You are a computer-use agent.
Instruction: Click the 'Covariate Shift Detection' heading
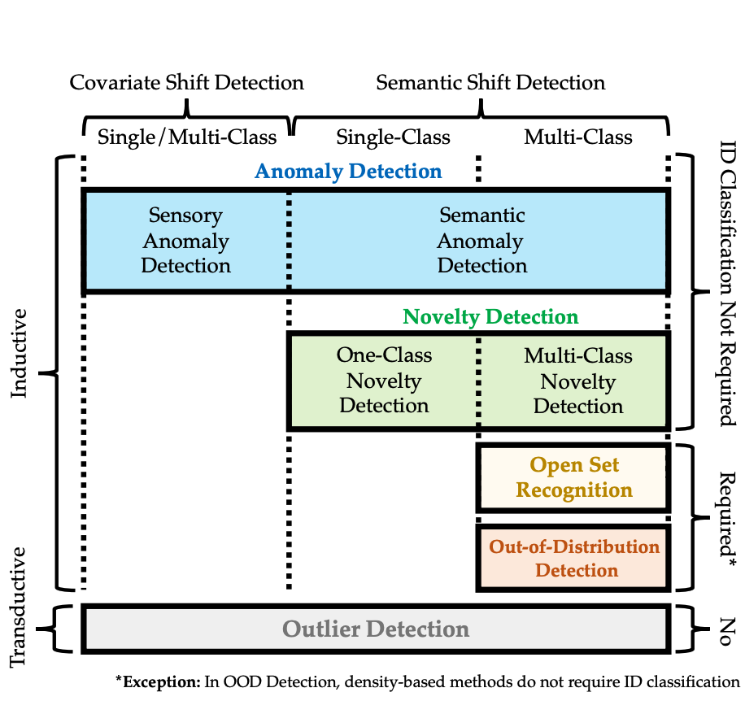(x=187, y=83)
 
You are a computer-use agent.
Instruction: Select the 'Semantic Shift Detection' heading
(x=490, y=83)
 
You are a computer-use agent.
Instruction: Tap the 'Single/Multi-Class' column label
(x=187, y=137)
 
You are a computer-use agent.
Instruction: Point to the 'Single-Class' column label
(x=393, y=137)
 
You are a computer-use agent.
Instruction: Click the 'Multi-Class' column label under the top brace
(x=578, y=137)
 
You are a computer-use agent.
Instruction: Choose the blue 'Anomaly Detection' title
(x=348, y=172)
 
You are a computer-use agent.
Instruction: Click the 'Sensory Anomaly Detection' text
(x=185, y=241)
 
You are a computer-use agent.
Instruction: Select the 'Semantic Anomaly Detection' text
(x=481, y=241)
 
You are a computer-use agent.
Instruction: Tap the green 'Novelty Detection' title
(x=490, y=317)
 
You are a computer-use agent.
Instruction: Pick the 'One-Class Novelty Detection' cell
(x=384, y=381)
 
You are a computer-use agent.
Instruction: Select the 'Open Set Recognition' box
(x=573, y=477)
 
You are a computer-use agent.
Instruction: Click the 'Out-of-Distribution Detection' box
(x=573, y=558)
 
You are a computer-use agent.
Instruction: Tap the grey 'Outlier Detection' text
(x=376, y=629)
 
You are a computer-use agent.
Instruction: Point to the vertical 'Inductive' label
(x=19, y=354)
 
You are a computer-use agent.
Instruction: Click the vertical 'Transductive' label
(x=18, y=607)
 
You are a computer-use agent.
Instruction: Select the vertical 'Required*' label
(x=727, y=519)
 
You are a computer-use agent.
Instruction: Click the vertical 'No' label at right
(x=727, y=632)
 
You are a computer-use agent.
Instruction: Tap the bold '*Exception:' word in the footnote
(x=159, y=682)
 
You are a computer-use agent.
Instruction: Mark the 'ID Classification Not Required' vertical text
(x=727, y=284)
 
